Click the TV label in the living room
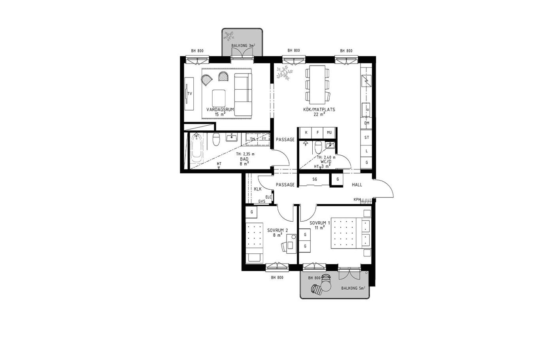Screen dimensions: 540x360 (x=190, y=94)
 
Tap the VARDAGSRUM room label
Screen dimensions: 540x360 (x=220, y=109)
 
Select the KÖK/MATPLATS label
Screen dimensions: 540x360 (x=319, y=109)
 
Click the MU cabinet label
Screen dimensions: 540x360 (x=329, y=132)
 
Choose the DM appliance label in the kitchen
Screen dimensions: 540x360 (x=367, y=123)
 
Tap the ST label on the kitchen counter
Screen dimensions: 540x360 (x=367, y=138)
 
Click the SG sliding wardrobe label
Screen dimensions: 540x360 (x=315, y=179)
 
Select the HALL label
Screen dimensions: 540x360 (x=357, y=185)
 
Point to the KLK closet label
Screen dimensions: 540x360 (x=258, y=189)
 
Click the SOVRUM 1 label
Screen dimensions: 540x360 (x=320, y=223)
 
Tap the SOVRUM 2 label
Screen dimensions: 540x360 (x=278, y=231)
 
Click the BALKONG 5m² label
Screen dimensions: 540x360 (x=353, y=288)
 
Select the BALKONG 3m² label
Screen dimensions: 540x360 (x=243, y=45)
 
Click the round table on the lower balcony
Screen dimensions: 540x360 (x=326, y=286)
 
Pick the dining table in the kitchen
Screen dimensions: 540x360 (x=317, y=85)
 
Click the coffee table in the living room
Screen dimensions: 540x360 (x=219, y=98)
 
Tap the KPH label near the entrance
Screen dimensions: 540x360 (x=357, y=200)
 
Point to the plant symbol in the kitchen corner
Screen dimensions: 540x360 (x=284, y=73)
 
